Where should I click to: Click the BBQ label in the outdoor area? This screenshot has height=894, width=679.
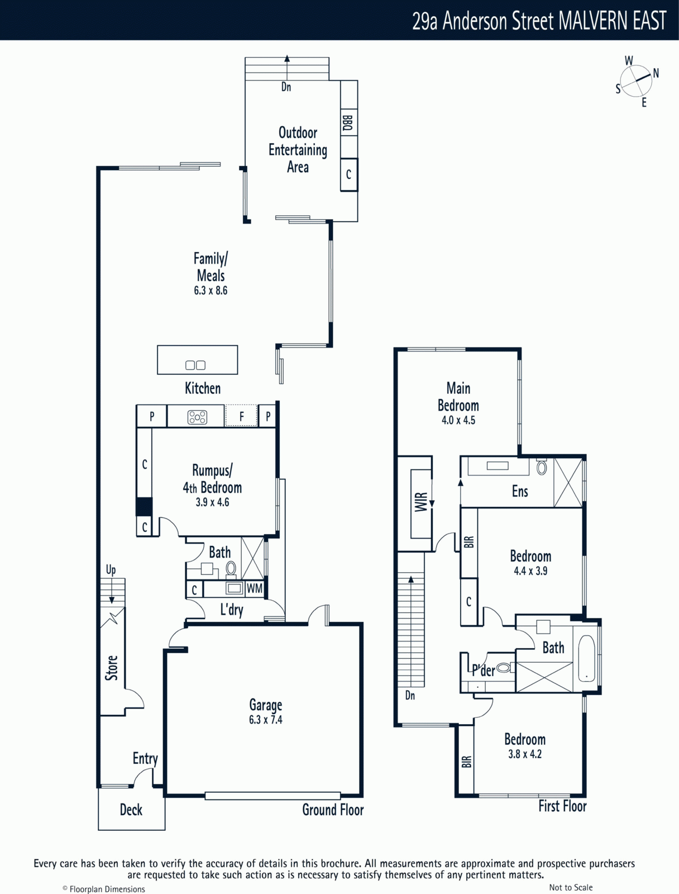coord(347,122)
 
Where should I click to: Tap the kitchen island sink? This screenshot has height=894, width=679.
coord(195,365)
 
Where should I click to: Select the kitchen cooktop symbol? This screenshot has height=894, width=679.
coord(197,417)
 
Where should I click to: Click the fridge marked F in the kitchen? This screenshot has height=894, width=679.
coord(241,416)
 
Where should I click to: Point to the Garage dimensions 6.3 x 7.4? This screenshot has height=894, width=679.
coord(266,720)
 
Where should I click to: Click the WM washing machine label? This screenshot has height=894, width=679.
coord(255,588)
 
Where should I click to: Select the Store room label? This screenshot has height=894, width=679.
coord(112,668)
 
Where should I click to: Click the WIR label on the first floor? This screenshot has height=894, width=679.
coord(422,502)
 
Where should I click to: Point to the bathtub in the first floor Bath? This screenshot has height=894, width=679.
coord(586,659)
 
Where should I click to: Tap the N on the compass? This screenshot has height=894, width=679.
coord(656,73)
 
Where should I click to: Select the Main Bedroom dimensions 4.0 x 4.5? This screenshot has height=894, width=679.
coord(458,420)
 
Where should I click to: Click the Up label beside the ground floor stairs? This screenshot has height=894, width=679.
coord(111,570)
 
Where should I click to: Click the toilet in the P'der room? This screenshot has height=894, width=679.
coord(504,667)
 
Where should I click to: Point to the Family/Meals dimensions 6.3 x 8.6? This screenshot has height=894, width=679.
coord(211,291)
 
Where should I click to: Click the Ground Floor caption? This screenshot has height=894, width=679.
coord(333,810)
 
